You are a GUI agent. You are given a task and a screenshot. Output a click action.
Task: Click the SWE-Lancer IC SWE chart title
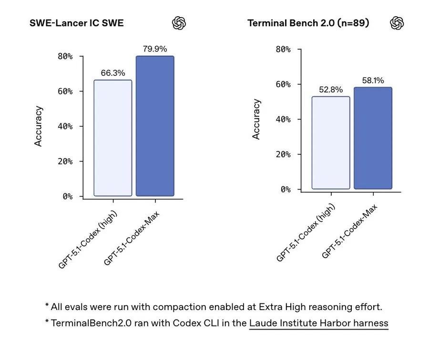[76, 23]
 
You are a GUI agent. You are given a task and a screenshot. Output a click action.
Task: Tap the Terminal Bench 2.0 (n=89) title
[308, 23]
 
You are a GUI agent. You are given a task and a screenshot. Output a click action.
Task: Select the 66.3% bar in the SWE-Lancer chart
[112, 138]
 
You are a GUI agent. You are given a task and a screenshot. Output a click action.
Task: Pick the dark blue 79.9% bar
[155, 126]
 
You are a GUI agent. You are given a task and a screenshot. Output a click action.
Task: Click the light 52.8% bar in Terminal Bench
[331, 143]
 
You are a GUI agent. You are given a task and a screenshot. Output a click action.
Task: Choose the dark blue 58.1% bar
[373, 138]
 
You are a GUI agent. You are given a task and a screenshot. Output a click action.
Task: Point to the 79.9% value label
[155, 49]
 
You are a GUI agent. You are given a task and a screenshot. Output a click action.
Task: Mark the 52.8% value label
[331, 90]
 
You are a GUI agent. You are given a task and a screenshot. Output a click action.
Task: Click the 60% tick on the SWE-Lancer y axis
[65, 91]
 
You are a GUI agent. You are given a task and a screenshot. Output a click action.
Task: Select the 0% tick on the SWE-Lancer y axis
[68, 196]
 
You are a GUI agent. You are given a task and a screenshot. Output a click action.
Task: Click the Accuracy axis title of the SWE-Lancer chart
[39, 126]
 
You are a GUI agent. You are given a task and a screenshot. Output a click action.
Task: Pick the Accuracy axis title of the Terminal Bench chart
[256, 119]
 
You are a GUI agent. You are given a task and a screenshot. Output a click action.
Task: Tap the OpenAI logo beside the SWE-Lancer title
[179, 23]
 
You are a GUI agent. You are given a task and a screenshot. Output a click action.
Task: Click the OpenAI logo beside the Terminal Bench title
[397, 23]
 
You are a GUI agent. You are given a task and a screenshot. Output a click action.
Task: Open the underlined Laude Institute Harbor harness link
[318, 323]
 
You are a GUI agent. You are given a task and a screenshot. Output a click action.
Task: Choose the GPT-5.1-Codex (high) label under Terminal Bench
[306, 232]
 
